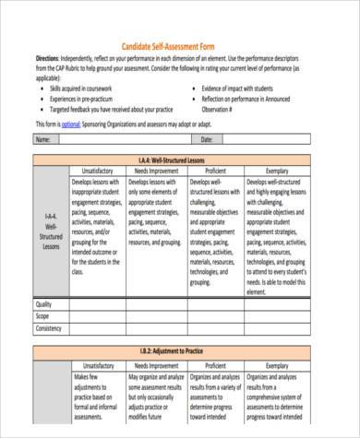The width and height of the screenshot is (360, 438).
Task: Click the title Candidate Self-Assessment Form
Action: coord(181,46)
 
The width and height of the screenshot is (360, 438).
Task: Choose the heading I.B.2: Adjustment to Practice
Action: coord(181,351)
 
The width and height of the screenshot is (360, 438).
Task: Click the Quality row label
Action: coord(44,304)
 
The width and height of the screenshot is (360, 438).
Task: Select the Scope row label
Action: coord(43,315)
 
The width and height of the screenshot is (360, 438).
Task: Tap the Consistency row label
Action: coord(49,327)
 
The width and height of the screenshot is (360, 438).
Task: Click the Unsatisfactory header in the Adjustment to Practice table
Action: coord(98,365)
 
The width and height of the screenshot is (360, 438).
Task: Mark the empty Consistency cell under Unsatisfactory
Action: coord(98,327)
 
